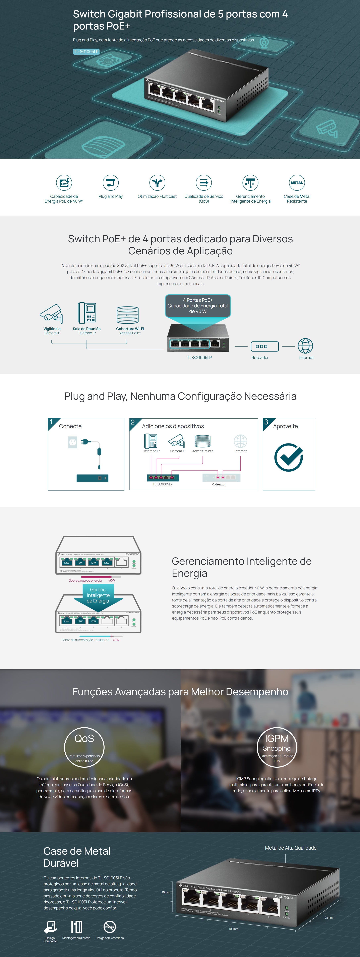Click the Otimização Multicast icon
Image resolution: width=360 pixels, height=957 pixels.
[x=157, y=183]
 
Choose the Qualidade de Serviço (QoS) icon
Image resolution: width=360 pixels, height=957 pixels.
[x=204, y=183]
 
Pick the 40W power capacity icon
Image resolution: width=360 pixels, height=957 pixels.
[x=64, y=183]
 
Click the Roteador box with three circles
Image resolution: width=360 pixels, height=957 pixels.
[x=264, y=346]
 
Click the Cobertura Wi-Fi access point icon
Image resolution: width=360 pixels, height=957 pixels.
[x=127, y=315]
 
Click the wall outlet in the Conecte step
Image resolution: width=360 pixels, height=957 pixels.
[x=72, y=442]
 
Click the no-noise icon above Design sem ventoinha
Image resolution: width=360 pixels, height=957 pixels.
[x=110, y=926]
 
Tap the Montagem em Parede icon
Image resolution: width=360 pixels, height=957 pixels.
[x=76, y=926]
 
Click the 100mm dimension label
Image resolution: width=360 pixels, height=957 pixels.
[x=233, y=929]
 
